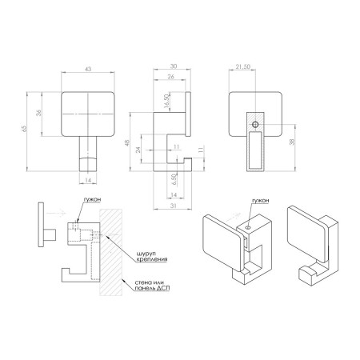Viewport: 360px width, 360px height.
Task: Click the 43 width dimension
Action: click(x=88, y=69)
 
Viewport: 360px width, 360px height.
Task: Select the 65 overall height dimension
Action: click(x=24, y=129)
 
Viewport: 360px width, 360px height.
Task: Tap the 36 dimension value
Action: click(x=39, y=113)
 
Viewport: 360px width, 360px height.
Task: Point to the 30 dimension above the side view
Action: click(x=174, y=66)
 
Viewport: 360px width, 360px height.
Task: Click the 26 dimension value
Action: click(x=170, y=77)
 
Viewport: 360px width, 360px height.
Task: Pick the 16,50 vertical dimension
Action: click(x=166, y=101)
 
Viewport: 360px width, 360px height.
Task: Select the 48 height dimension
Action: click(x=127, y=142)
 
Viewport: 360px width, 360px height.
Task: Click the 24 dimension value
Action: click(x=138, y=150)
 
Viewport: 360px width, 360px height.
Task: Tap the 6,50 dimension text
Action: click(x=174, y=179)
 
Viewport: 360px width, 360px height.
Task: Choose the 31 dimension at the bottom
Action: click(x=174, y=206)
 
